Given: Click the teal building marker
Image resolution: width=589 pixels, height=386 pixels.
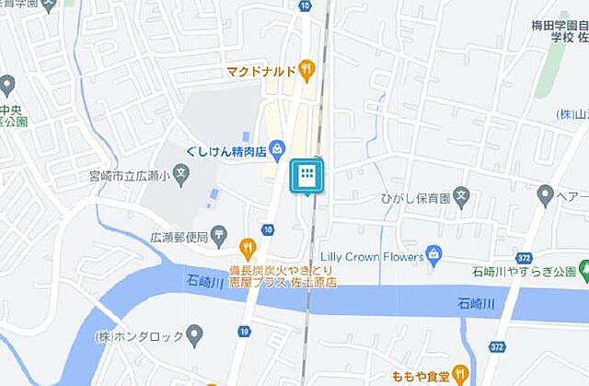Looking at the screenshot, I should click(307, 175).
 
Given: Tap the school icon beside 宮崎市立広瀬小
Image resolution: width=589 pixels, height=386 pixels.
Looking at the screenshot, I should click(181, 172).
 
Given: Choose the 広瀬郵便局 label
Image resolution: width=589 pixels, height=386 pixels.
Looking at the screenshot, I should click(179, 238).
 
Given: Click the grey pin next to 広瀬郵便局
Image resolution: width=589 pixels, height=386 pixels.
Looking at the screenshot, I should click(218, 238).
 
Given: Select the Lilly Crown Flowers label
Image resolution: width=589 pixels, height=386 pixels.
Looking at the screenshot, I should click(375, 255).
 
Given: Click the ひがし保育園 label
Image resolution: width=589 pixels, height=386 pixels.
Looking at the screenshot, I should click(413, 197).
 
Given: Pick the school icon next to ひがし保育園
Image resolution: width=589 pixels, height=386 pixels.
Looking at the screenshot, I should click(463, 195).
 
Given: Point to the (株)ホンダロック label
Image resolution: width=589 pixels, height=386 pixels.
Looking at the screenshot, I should click(138, 336).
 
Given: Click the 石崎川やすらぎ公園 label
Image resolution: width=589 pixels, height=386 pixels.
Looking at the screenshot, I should click(524, 272).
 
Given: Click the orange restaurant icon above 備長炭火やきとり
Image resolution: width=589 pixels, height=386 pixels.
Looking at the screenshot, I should click(247, 246).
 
